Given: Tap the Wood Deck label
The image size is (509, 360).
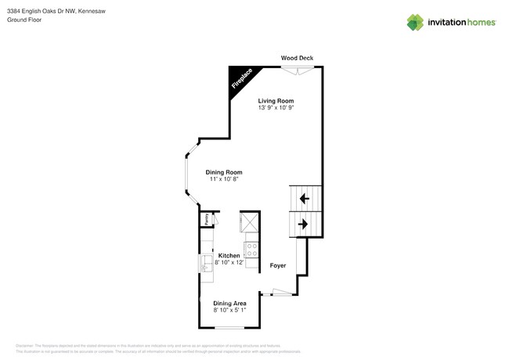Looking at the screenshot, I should click(298, 58).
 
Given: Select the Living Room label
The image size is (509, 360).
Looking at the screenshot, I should click(276, 101).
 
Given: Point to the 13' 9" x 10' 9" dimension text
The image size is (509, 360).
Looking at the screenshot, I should click(276, 108).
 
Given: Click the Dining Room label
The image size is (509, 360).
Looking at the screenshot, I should click(224, 172).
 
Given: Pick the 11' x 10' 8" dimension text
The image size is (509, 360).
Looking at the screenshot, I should click(224, 179).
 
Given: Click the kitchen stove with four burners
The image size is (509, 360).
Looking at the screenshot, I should click(252, 250).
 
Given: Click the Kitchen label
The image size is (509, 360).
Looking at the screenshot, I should click(229, 256).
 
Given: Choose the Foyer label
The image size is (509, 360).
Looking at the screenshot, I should click(277, 266).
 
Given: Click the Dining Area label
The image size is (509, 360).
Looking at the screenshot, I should click(230, 303).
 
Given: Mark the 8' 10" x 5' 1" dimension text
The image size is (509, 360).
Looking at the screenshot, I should click(230, 310).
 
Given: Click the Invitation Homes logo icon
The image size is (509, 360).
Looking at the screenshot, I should click(415, 22).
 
